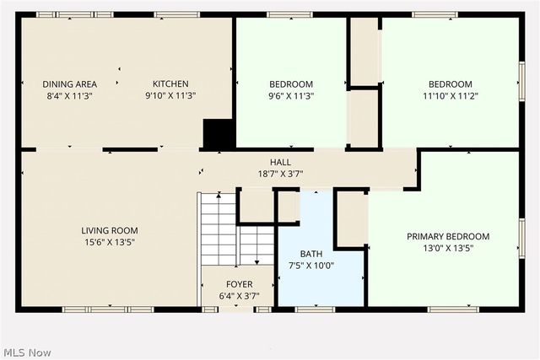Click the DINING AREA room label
click(70, 83)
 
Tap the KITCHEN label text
click(170, 83)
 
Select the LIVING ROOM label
click(110, 230)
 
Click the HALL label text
click(280, 162)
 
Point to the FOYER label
click(239, 284)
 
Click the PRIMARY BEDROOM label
click(448, 236)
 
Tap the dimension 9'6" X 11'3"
click(291, 96)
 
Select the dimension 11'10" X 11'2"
click(450, 96)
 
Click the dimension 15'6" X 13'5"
click(110, 242)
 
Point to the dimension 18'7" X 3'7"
click(280, 174)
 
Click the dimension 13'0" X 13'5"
click(448, 248)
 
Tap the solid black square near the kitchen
click(217, 133)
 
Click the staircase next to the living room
click(221, 228)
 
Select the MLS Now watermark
click(27, 352)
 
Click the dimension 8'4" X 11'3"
click(70, 95)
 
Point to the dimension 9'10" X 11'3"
click(170, 95)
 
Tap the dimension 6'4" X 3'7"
click(239, 296)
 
